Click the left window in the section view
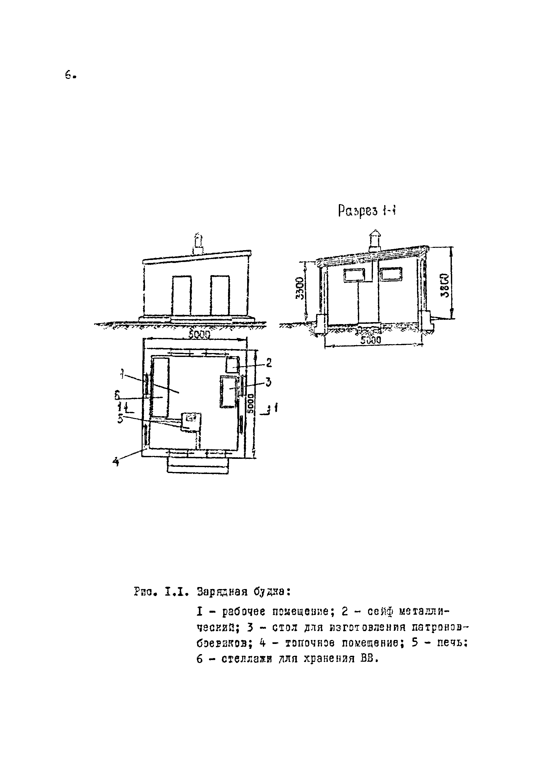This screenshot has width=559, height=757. tap(354, 275)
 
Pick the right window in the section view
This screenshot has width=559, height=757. tap(391, 274)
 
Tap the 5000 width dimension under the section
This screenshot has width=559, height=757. tap(370, 340)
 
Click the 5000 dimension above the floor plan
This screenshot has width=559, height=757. tap(199, 335)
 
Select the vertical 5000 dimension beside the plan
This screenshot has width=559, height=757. tap(251, 402)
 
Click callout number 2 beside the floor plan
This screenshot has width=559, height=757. tap(269, 363)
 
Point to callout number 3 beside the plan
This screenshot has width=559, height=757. tap(268, 382)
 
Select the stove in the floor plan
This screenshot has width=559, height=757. tap(191, 422)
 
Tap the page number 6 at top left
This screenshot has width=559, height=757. tap(69, 75)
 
